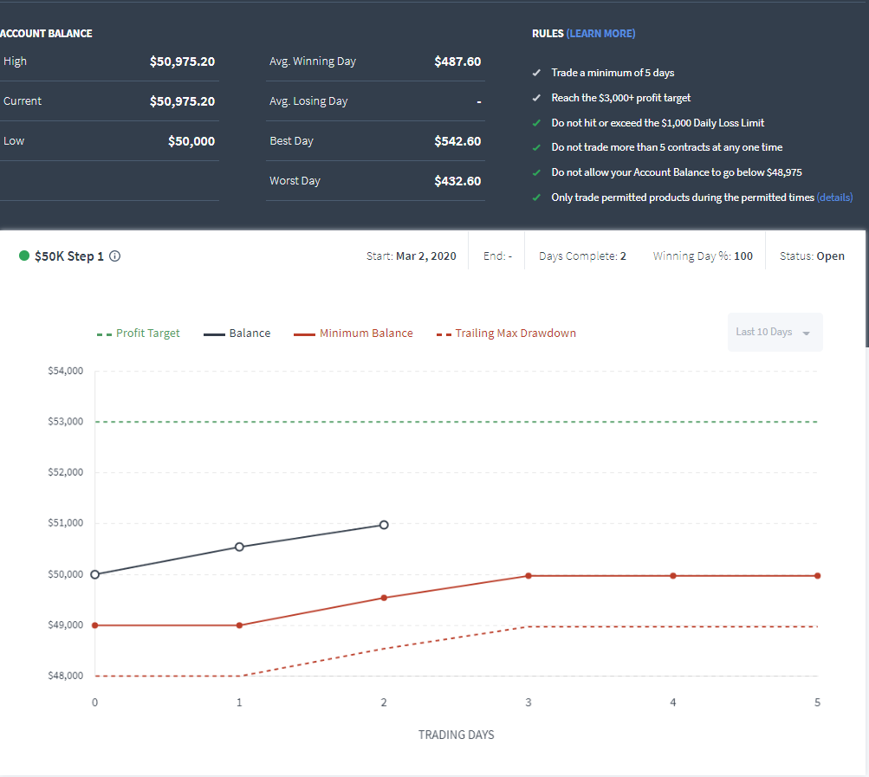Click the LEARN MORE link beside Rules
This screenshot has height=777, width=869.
coord(600,34)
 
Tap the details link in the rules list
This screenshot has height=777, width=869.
coord(834,197)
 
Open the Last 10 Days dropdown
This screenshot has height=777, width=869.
coord(775,332)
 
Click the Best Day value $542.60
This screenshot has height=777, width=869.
coord(457,141)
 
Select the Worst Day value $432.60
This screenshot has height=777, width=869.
coord(457,181)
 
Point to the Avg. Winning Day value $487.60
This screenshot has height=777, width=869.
coord(457,62)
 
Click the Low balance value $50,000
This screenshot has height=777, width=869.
coord(191,141)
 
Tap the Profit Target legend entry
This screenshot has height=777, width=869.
coord(138,333)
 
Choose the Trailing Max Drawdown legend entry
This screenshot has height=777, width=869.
coord(506,333)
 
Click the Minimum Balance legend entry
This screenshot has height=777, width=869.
coord(353,333)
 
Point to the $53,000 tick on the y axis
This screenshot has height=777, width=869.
coord(65,422)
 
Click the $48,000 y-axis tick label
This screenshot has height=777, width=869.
coord(65,676)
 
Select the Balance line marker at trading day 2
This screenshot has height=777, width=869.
coord(384,525)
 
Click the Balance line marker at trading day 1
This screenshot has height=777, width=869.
coord(239,547)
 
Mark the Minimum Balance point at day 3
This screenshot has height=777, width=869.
coord(529,576)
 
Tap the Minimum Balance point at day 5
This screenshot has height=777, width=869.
coord(818,576)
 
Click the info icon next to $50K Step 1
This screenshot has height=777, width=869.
coord(114,256)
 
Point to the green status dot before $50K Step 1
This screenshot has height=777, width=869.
coord(24,256)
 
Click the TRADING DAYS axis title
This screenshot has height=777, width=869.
coord(456,735)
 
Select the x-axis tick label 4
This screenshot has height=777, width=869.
coord(673,703)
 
